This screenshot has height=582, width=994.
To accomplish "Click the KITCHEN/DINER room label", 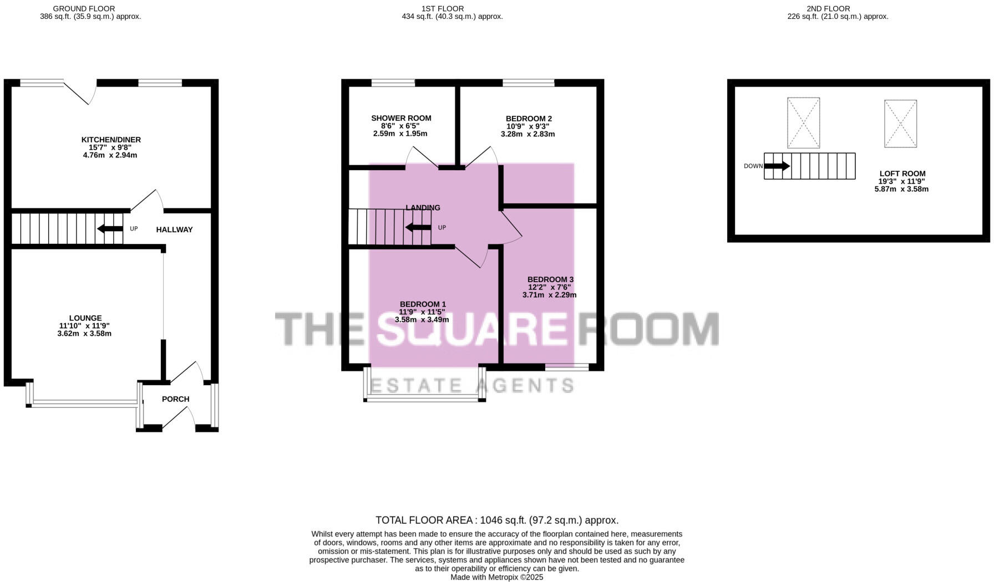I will tap(111, 140).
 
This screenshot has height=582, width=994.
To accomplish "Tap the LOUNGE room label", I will tap(85, 318).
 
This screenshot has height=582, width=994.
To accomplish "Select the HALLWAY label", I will tap(174, 229).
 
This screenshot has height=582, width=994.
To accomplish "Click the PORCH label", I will tap(175, 399).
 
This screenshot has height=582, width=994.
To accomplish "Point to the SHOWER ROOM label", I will tap(401, 118).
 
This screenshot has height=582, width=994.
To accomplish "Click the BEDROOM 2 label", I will tap(529, 119).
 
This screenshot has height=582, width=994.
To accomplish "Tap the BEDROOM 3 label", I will tap(550, 279).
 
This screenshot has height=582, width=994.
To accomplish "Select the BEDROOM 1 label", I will tap(423, 304).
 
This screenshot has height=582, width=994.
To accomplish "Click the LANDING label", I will tap(423, 208).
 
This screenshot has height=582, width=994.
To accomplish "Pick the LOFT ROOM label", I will tap(902, 173).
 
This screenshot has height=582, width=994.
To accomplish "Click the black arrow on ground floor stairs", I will tap(110, 229).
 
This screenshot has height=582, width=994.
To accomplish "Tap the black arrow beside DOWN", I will tap(777, 166).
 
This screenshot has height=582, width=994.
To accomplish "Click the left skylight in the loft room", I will tap(803, 123).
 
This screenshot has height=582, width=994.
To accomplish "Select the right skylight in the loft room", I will tap(900, 124).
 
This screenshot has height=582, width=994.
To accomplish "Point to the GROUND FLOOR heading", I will tap(84, 8).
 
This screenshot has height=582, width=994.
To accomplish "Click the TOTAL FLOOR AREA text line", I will tap(496, 520).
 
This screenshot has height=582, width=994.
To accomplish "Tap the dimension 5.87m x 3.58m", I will tap(901, 189).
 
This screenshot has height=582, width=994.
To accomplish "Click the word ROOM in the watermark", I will tap(649, 329).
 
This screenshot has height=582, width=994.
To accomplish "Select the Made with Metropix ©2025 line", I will tap(496, 577).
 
